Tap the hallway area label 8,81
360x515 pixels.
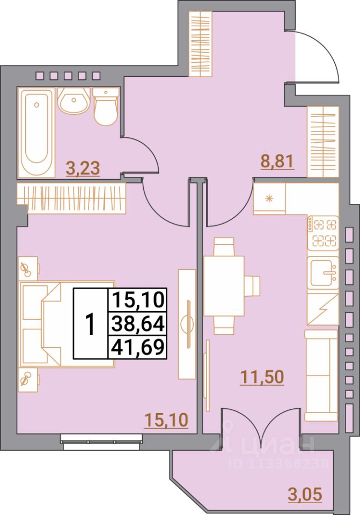tap(278, 161)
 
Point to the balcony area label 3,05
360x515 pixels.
tap(305, 494)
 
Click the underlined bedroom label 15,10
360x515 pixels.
tap(166, 420)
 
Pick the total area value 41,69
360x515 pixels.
tap(138, 349)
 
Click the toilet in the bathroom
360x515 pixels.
tap(105, 107)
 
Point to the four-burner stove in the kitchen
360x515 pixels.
tap(324, 232)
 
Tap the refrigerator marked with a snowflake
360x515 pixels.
tap(270, 199)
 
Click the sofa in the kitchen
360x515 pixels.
tap(320, 376)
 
